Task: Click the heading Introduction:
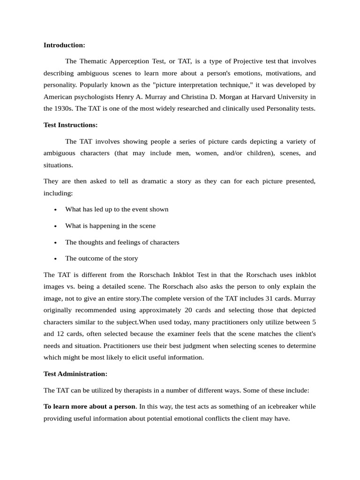[x=64, y=45]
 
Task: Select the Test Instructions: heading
[x=70, y=125]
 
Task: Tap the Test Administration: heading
[x=75, y=374]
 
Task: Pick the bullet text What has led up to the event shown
[x=117, y=210]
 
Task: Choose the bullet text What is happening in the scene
[x=110, y=226]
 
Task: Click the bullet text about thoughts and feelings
[x=122, y=242]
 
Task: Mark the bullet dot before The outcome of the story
[x=56, y=259]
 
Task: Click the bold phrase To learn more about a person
[x=90, y=406]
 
